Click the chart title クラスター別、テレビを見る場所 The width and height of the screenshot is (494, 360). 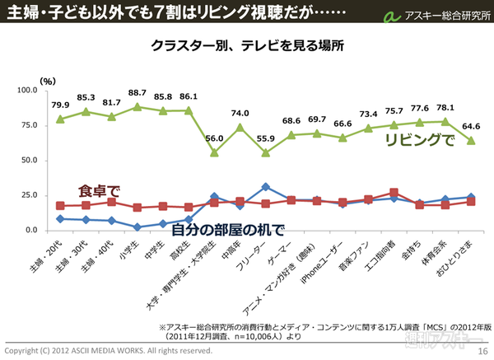coord(247,45)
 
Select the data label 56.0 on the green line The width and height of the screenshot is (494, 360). coord(214,139)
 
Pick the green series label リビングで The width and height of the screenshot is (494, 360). coord(421,140)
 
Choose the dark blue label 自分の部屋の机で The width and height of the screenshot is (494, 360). coord(227,228)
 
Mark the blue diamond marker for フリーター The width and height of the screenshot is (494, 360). coord(264,187)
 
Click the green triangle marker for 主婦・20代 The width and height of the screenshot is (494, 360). coord(60,119)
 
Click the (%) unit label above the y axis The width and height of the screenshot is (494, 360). coord(48,80)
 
